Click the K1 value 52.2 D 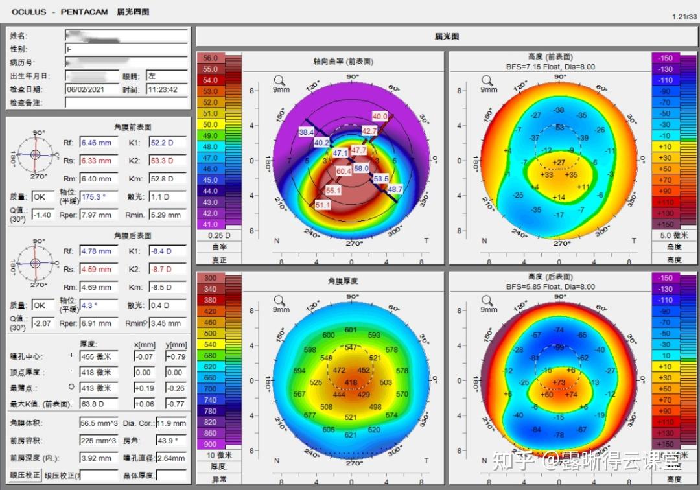coord(167,142)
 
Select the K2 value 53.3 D coord(167,160)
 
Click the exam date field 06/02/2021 coord(91,89)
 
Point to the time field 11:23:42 coord(162,89)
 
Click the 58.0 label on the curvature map coord(361,168)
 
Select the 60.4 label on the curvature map coord(344,171)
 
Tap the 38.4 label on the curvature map coord(306,132)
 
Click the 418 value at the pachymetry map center coord(350,383)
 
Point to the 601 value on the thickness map coord(351,330)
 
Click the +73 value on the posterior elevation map coord(559,382)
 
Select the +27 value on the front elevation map coord(559,162)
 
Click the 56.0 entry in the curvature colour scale coord(210,58)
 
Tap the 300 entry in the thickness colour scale coord(210,277)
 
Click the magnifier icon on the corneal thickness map coord(279,300)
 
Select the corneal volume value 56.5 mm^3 coord(99,423)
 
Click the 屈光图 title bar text coord(447,36)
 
